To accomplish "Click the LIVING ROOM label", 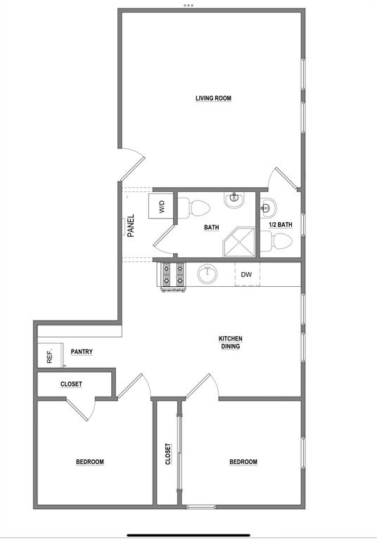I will pyautogui.click(x=213, y=98).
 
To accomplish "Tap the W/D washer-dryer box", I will pyautogui.click(x=161, y=207).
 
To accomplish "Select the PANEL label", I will pyautogui.click(x=130, y=226).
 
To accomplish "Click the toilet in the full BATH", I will pyautogui.click(x=196, y=208).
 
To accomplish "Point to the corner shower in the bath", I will pyautogui.click(x=240, y=241).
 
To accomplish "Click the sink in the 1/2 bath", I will pyautogui.click(x=268, y=207).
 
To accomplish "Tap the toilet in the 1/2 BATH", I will pyautogui.click(x=278, y=242).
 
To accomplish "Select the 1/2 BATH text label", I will pyautogui.click(x=281, y=225).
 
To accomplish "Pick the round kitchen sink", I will pyautogui.click(x=207, y=274).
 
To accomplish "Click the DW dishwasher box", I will pyautogui.click(x=246, y=274).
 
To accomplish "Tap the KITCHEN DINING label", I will pyautogui.click(x=231, y=342).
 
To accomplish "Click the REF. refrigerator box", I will pyautogui.click(x=50, y=356).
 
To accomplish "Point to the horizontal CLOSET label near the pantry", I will pyautogui.click(x=71, y=384).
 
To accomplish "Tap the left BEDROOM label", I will pyautogui.click(x=90, y=462).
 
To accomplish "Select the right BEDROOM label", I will pyautogui.click(x=243, y=462).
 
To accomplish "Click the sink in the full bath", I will pyautogui.click(x=233, y=200).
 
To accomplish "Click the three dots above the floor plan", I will pyautogui.click(x=188, y=5).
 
